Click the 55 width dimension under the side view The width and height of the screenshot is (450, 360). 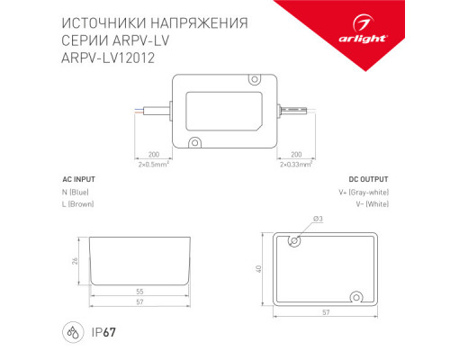tap(139, 292)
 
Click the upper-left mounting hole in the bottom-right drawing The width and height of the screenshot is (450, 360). tap(292, 241)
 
